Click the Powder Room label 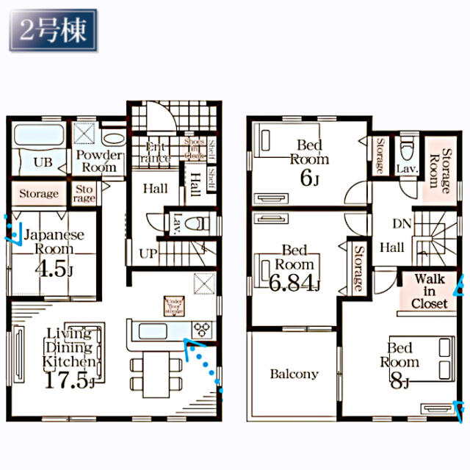[99, 161]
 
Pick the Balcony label [294, 374]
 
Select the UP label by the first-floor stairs [147, 253]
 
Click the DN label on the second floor [401, 223]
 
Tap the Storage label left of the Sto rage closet [38, 194]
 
